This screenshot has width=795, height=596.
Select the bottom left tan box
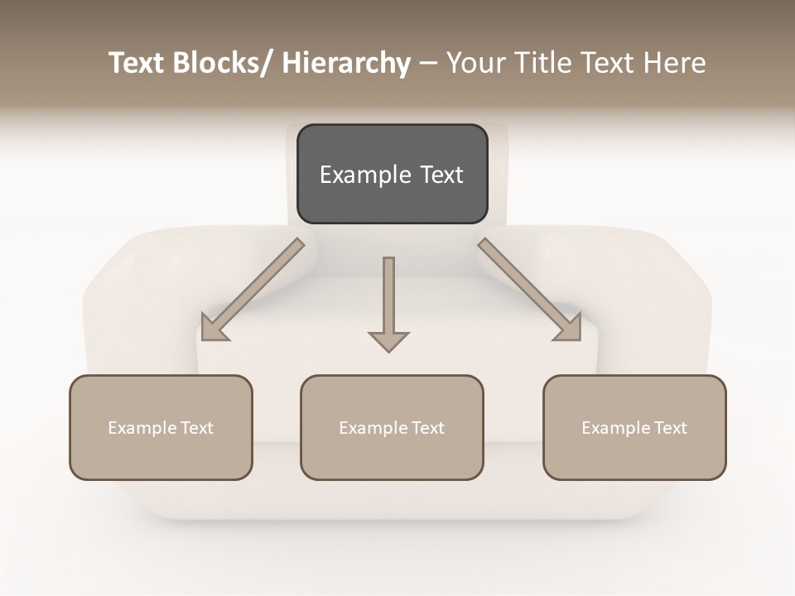(161, 427)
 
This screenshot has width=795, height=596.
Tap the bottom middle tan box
(392, 427)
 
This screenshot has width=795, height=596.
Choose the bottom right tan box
(634, 427)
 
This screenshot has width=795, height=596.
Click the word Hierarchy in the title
(346, 63)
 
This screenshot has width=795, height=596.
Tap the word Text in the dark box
(441, 175)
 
